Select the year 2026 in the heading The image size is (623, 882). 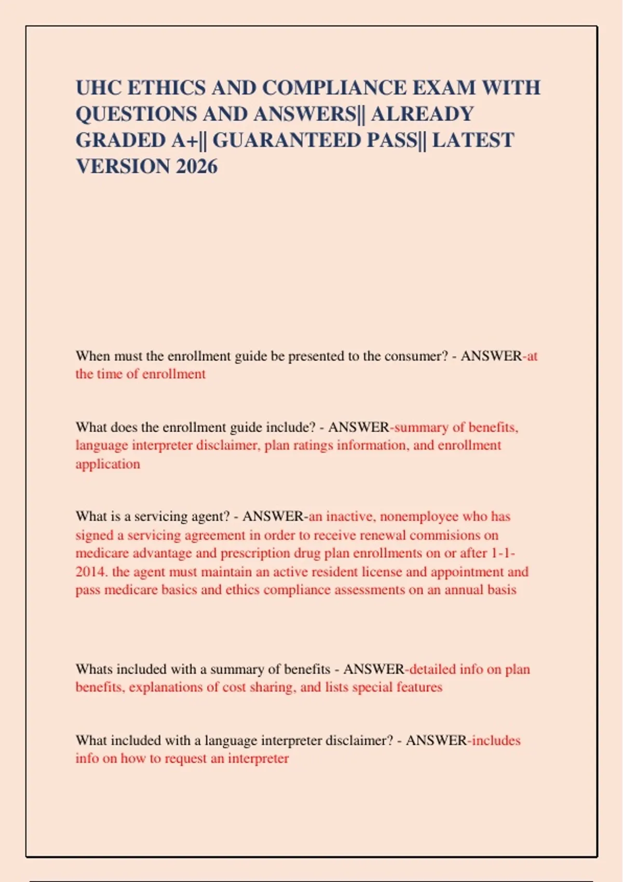[x=196, y=167]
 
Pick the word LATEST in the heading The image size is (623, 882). [x=473, y=140]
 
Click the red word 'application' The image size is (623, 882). [x=107, y=464]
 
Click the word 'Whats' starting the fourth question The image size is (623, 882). [x=94, y=669]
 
